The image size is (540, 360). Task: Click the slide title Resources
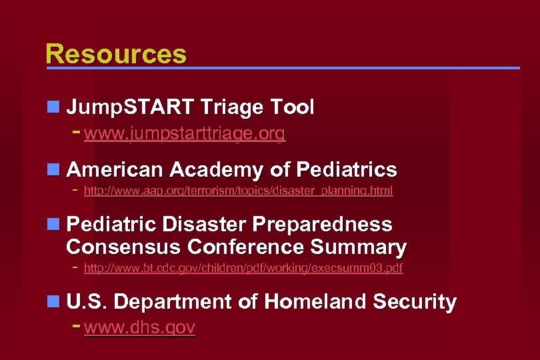pos(116,54)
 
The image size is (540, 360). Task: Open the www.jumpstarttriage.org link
pos(185,134)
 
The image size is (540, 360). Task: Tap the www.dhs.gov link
pos(140,327)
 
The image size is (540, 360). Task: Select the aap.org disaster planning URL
pos(238,191)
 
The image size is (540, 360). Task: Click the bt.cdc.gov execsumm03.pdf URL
pos(243,269)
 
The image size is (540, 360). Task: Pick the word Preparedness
pos(317,224)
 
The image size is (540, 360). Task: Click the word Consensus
pos(123,247)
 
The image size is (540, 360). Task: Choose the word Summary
pos(358,247)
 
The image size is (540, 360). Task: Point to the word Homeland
pos(315,302)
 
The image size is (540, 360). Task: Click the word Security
pos(415,302)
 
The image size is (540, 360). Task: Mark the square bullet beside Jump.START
pos(53,107)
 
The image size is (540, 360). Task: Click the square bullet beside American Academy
pos(53,170)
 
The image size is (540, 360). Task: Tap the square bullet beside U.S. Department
pos(53,302)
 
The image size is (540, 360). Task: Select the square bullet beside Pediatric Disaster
pos(53,224)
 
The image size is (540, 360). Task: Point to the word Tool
pos(292,107)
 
